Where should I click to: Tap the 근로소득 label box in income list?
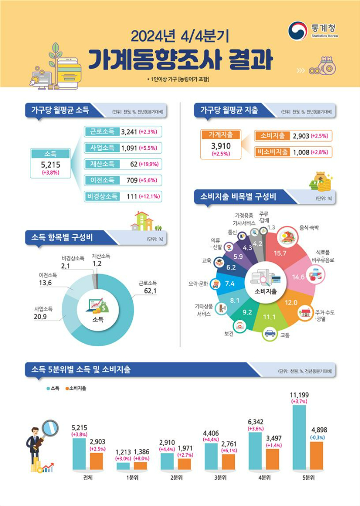[102, 132]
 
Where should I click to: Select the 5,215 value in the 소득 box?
[50, 164]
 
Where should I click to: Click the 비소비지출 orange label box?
[273, 152]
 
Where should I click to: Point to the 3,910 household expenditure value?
[221, 146]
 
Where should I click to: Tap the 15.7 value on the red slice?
[280, 253]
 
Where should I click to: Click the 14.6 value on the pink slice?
[299, 277]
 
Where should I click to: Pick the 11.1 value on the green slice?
[269, 317]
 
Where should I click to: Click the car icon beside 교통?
[270, 334]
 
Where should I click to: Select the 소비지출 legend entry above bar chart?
[76, 388]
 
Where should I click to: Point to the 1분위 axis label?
[132, 478]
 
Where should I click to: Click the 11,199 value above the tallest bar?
[299, 395]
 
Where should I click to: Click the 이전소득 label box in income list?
[102, 180]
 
